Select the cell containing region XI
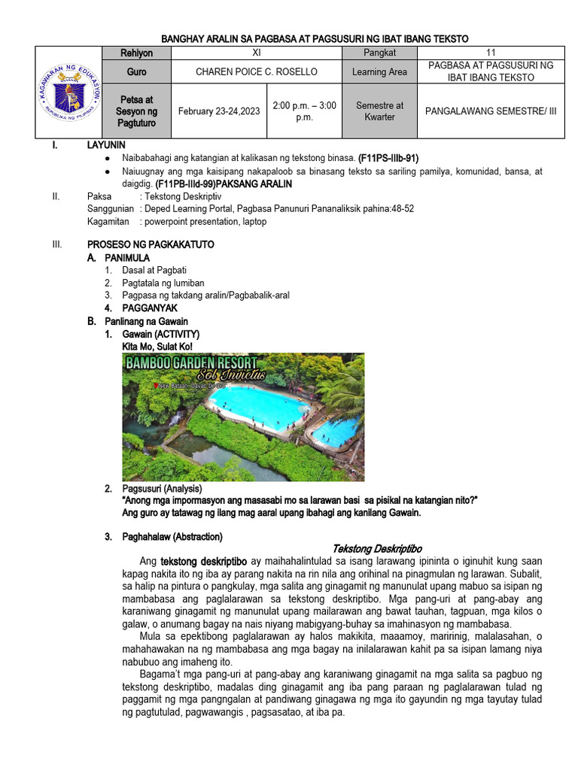pos(257,53)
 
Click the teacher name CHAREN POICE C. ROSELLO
pos(257,72)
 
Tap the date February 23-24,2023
pos(219,111)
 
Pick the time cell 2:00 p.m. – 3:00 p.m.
pos(304,111)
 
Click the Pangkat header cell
pos(379,53)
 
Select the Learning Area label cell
pos(379,72)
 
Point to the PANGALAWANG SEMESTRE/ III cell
pos(491,111)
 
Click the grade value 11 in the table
pos(491,53)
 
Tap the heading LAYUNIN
pos(106,145)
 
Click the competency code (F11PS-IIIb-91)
pos(388,159)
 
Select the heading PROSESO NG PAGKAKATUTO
pos(151,244)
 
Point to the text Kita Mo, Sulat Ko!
pos(157,347)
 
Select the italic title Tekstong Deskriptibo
pos(377,549)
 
